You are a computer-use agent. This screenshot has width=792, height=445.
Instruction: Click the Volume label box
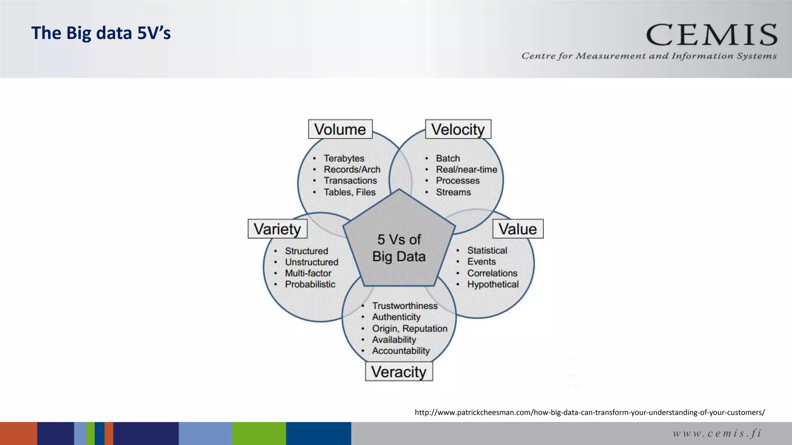pyautogui.click(x=340, y=129)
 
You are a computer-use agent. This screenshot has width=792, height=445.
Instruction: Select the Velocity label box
pyautogui.click(x=458, y=129)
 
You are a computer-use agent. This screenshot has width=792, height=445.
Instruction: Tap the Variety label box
pyautogui.click(x=277, y=229)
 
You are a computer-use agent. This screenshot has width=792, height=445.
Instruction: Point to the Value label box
pyautogui.click(x=517, y=229)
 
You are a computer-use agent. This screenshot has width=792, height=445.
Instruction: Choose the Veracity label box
pyautogui.click(x=399, y=372)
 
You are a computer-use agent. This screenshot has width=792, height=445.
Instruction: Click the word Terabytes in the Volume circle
pyautogui.click(x=344, y=158)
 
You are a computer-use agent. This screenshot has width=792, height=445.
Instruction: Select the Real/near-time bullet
pyautogui.click(x=466, y=170)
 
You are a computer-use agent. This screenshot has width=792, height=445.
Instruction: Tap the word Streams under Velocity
pyautogui.click(x=453, y=192)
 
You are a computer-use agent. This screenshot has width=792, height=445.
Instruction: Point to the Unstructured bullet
pyautogui.click(x=311, y=262)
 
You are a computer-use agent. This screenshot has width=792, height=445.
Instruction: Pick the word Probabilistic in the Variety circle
pyautogui.click(x=310, y=284)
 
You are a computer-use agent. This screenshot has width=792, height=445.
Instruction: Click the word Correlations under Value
pyautogui.click(x=492, y=273)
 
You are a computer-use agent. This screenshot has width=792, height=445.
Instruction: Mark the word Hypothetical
pyautogui.click(x=493, y=284)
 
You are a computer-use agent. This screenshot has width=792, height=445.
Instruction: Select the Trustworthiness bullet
pyautogui.click(x=405, y=306)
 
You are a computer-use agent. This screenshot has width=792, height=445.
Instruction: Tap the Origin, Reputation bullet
pyautogui.click(x=410, y=328)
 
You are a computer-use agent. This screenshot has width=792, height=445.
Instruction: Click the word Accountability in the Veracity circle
pyautogui.click(x=401, y=351)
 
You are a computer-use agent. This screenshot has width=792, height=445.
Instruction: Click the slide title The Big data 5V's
pyautogui.click(x=101, y=33)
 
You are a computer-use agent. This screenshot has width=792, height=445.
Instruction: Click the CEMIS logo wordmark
pyautogui.click(x=712, y=35)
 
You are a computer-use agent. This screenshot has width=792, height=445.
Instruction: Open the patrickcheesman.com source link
pyautogui.click(x=589, y=412)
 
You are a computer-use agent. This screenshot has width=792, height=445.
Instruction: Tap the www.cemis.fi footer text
pyautogui.click(x=717, y=433)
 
